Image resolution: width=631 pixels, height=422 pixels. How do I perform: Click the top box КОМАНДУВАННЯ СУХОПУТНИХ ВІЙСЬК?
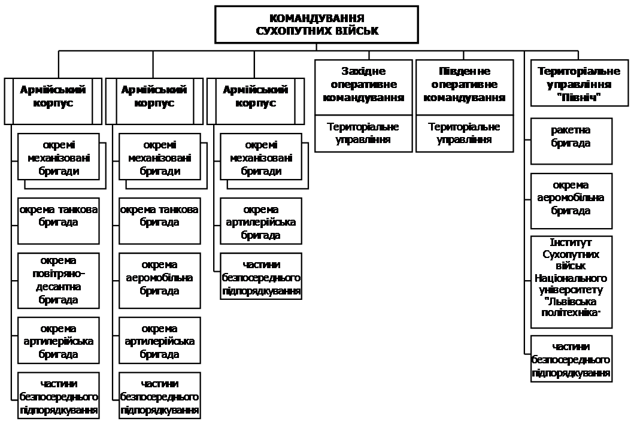point(317,25)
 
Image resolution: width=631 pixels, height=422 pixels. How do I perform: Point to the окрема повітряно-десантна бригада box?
point(58,280)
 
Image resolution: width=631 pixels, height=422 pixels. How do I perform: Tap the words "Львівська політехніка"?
point(571,306)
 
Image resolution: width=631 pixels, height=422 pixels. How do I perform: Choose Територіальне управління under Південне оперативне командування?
point(464,133)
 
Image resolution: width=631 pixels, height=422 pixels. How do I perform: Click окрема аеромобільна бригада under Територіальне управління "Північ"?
point(571,200)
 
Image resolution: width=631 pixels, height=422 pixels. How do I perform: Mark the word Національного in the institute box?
point(571,278)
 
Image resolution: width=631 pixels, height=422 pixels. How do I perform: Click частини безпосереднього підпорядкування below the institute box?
point(571,359)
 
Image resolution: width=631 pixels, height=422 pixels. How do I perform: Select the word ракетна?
point(571,130)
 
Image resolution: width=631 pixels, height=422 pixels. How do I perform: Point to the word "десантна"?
point(58,286)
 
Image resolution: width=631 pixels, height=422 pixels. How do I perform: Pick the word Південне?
point(464,71)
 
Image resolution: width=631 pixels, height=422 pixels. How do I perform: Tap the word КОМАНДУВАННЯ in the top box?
point(317,18)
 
